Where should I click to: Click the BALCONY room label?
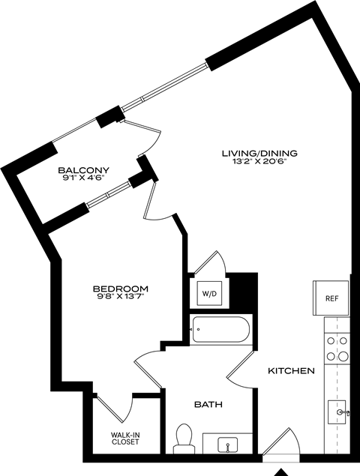tap(84, 170)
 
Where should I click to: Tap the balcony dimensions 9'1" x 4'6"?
tap(84, 179)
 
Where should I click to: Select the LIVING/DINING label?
tap(255, 154)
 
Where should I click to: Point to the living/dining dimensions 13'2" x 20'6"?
tap(255, 163)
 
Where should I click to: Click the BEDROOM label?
tap(120, 289)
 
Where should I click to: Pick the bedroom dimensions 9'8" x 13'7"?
tap(120, 298)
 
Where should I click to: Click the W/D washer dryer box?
tap(209, 293)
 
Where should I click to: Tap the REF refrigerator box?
tap(331, 298)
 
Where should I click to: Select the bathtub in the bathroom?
tap(220, 329)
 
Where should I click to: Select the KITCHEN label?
tap(292, 371)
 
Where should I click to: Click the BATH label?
tap(208, 405)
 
